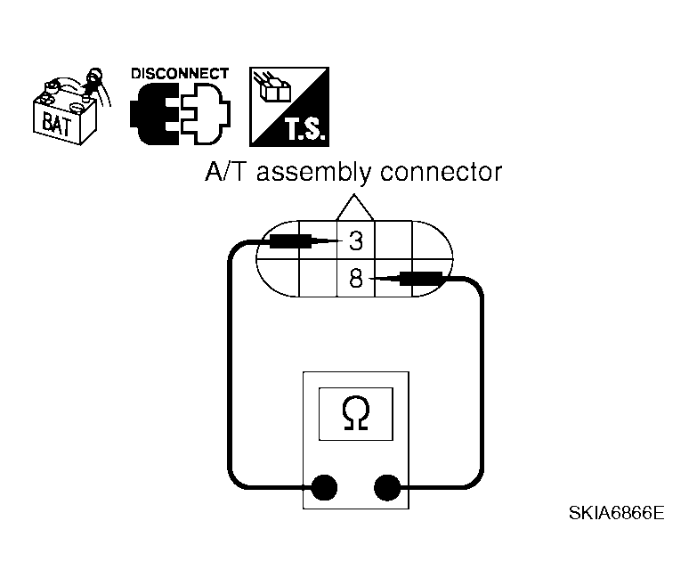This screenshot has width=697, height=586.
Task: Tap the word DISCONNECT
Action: click(x=180, y=74)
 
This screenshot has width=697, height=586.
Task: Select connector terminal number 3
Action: click(x=355, y=240)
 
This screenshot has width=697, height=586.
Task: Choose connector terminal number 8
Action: click(x=355, y=279)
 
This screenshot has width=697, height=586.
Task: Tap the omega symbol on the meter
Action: click(x=356, y=412)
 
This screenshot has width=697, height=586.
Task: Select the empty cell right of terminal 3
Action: click(x=392, y=240)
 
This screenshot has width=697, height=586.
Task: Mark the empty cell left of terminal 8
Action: click(x=318, y=279)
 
